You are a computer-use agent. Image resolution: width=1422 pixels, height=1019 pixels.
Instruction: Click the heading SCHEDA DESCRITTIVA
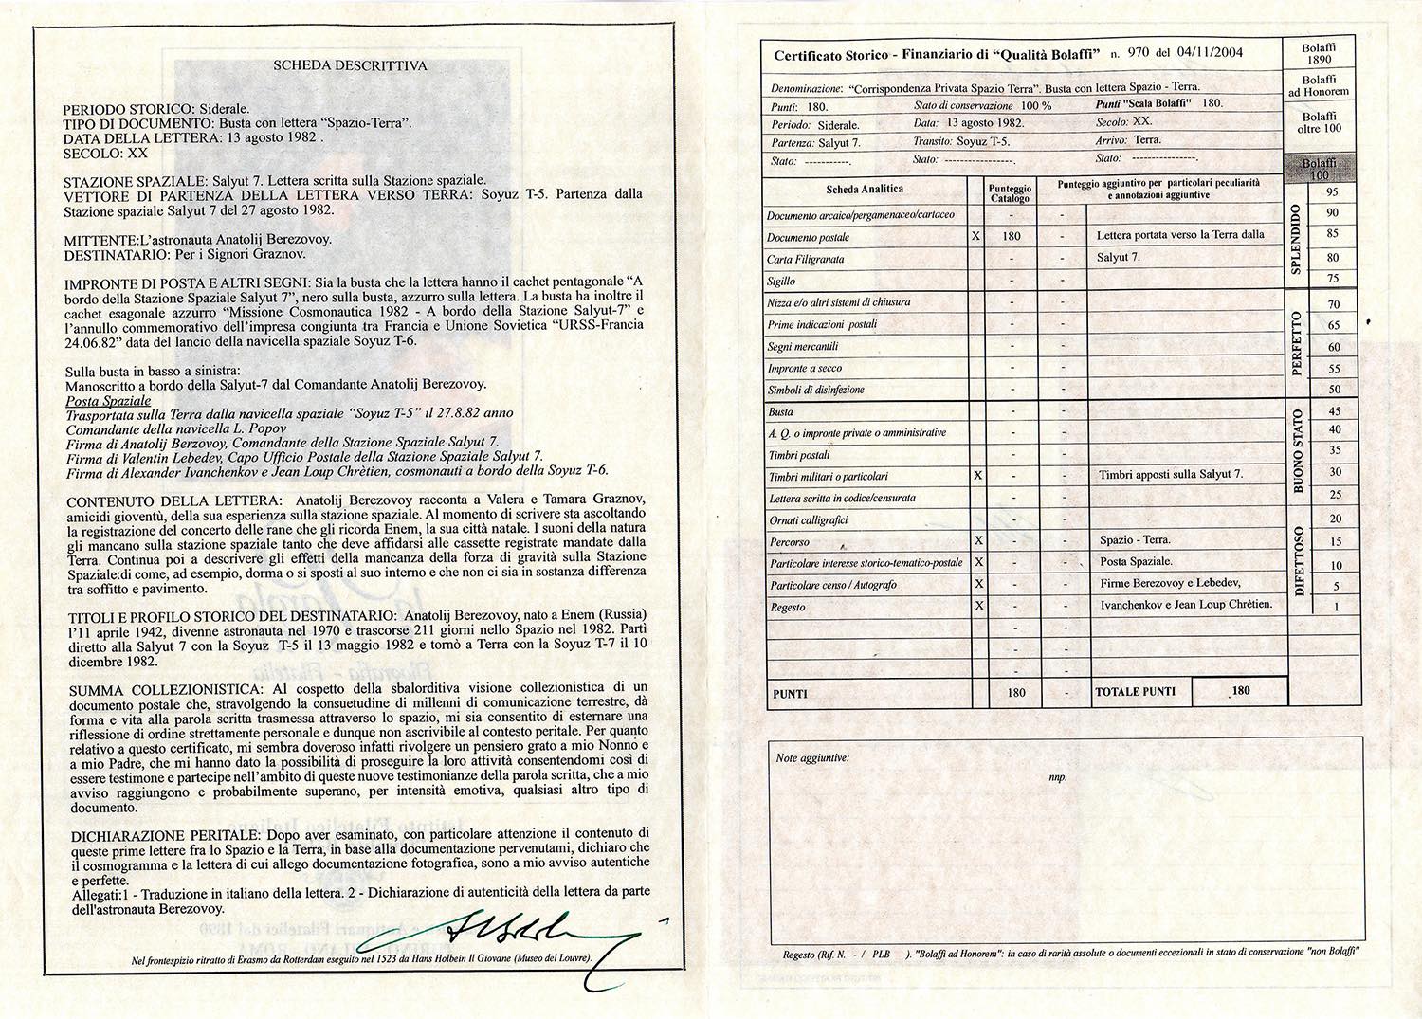[x=350, y=66]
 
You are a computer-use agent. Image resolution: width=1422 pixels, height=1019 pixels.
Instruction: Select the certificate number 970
[x=1138, y=53]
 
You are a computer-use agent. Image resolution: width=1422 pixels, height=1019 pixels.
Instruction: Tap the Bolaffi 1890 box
[x=1318, y=53]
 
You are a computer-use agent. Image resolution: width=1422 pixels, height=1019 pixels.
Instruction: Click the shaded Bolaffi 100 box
[x=1318, y=169]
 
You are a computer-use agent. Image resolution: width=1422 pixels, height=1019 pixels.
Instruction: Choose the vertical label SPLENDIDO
[x=1296, y=239]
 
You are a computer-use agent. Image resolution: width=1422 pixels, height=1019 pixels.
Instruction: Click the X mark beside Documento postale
[x=976, y=236]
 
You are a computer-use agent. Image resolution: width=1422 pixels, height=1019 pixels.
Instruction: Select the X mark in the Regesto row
[x=978, y=606]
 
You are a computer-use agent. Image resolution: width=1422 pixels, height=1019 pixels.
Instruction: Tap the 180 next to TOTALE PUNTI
[x=1240, y=690]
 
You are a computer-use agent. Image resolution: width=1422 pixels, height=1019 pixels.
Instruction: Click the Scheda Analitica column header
[x=865, y=190]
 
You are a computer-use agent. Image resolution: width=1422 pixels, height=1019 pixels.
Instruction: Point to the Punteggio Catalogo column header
[x=1010, y=193]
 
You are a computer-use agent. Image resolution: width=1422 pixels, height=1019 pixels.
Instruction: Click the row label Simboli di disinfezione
[x=815, y=390]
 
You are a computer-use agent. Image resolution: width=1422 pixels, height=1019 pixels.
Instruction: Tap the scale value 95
[x=1333, y=192]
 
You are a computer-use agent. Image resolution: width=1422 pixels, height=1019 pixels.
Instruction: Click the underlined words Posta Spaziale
[x=108, y=400]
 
